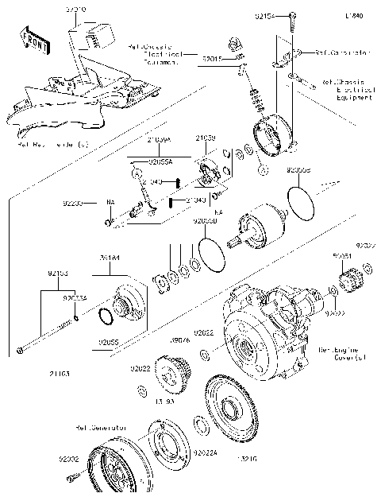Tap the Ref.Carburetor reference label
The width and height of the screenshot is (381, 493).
[342, 52]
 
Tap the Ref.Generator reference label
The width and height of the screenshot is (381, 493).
[101, 427]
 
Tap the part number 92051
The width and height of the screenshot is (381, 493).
[341, 257]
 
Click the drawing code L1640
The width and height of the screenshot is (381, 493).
[354, 15]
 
